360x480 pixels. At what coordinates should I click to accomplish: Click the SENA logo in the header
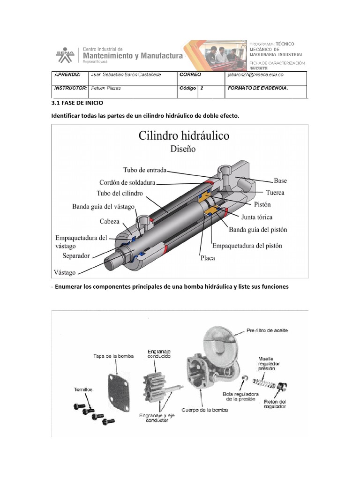(x=65, y=55)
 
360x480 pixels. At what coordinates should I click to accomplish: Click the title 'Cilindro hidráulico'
(x=184, y=136)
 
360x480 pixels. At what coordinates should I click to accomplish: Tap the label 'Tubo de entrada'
(x=145, y=170)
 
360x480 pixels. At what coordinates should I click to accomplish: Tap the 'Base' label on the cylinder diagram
(x=280, y=180)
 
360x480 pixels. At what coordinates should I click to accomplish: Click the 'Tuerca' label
(x=275, y=193)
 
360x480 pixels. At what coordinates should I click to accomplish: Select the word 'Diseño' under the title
(x=183, y=150)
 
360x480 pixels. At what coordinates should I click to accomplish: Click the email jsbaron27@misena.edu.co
(x=255, y=75)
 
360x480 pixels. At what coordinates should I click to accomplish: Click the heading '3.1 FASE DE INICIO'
(x=76, y=103)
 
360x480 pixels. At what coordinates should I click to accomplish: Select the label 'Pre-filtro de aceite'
(x=267, y=330)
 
